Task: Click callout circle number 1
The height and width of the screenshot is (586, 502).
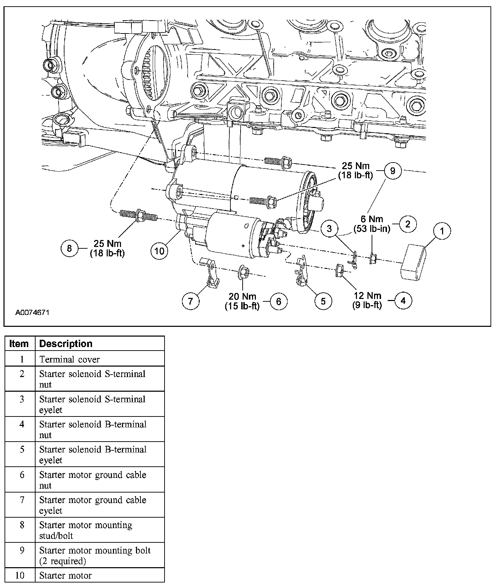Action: (x=442, y=231)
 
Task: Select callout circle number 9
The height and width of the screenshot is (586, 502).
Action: (x=393, y=171)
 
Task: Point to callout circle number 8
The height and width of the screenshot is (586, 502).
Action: (x=69, y=248)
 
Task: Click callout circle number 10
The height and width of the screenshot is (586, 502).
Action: (x=159, y=251)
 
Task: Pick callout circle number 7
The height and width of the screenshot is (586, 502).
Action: (x=190, y=301)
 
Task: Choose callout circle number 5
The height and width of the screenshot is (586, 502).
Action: (x=323, y=301)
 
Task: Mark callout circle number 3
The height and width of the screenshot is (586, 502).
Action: (x=329, y=229)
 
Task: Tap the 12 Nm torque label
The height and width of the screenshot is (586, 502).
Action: (x=367, y=300)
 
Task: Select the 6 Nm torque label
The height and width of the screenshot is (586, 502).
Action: (x=372, y=224)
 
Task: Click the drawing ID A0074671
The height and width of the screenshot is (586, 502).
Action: (x=32, y=312)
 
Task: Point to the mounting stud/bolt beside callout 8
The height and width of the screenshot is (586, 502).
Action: (x=138, y=216)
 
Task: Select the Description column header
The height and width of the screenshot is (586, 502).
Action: (x=66, y=344)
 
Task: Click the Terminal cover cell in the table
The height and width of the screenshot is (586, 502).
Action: (x=69, y=359)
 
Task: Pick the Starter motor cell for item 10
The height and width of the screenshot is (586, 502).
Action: (x=65, y=575)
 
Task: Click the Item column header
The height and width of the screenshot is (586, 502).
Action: (x=19, y=344)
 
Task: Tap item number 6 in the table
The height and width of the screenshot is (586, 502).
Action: (x=22, y=475)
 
